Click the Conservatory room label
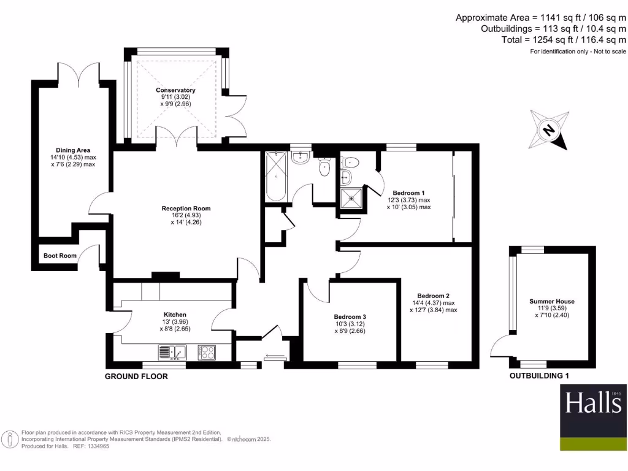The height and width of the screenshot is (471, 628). pos(175,90)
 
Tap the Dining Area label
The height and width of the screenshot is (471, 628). pos(73,150)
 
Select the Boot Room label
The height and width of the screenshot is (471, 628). pos(59,256)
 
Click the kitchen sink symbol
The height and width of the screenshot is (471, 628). pos(172,352)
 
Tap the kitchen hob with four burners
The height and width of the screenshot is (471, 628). pos(207,352)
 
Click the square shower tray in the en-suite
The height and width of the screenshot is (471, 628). pos(351,198)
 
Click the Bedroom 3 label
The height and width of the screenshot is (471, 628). pos(350,317)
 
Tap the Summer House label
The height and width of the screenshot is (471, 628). pos(552,301)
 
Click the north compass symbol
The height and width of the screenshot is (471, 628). pos(549,129)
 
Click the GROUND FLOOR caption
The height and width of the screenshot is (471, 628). pos(136,377)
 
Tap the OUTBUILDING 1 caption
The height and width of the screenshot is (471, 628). pos(543,376)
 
